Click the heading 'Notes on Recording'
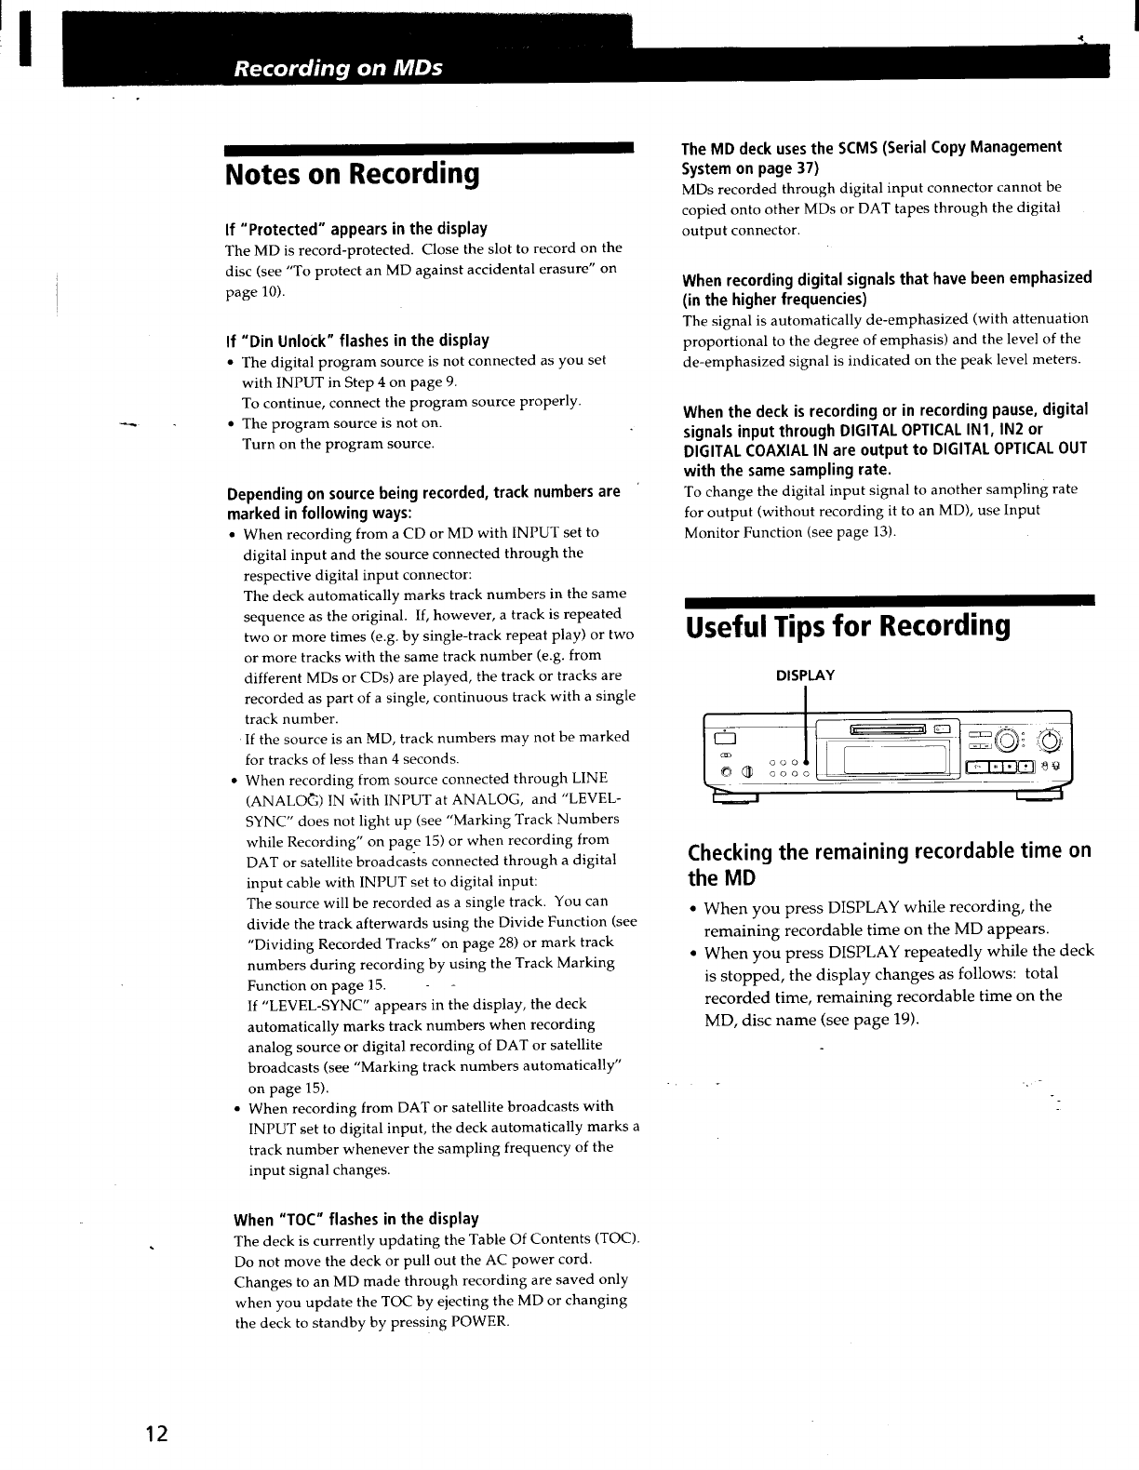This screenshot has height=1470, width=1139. click(x=353, y=174)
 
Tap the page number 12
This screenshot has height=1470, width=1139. click(x=155, y=1434)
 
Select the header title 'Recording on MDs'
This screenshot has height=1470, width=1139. click(x=338, y=68)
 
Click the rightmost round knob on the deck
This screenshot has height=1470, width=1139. click(x=1051, y=741)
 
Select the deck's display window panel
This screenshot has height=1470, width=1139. click(x=882, y=765)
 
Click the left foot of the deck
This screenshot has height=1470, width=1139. click(x=734, y=797)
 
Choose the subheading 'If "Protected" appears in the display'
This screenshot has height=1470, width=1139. click(x=356, y=229)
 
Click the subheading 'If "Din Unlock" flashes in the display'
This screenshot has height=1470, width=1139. click(x=357, y=341)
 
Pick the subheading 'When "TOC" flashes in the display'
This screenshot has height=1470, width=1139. click(x=356, y=1219)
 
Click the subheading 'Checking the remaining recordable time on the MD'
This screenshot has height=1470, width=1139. click(x=889, y=864)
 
